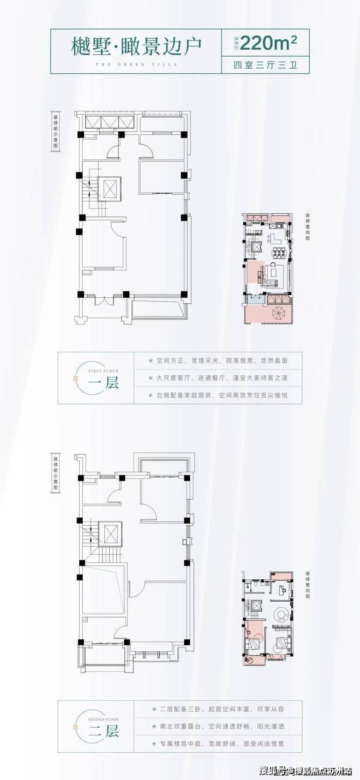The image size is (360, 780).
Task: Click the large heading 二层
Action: point(104,731)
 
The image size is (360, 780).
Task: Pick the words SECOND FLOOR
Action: point(99,718)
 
